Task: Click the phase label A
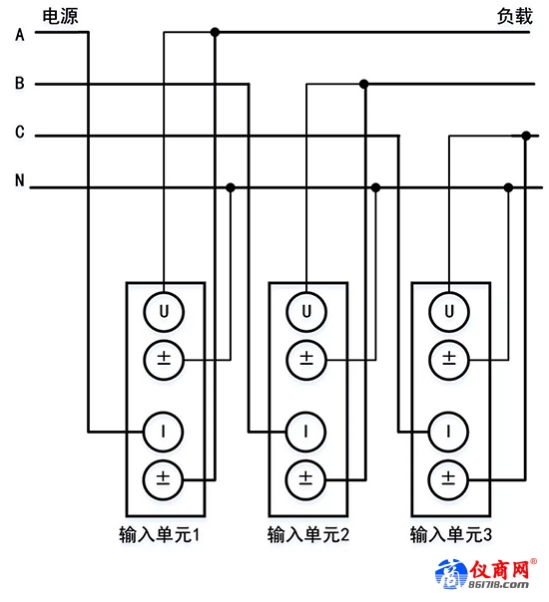point(20,35)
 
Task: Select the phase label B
point(20,83)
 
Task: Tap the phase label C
point(20,132)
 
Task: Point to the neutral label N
point(20,180)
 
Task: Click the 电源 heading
point(60,17)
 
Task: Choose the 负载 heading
point(515,17)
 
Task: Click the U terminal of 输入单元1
point(164,312)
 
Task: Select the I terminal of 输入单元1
point(163,432)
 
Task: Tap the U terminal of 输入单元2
point(306,312)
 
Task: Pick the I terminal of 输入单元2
point(305,432)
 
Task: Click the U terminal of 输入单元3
point(449,312)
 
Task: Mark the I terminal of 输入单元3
point(448,432)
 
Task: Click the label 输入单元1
point(159,534)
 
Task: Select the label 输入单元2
point(308,534)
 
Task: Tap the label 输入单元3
point(450,534)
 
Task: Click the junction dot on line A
point(215,32)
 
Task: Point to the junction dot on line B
point(363,84)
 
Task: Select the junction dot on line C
point(526,136)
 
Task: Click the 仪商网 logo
point(486,574)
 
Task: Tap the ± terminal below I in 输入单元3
point(448,479)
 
